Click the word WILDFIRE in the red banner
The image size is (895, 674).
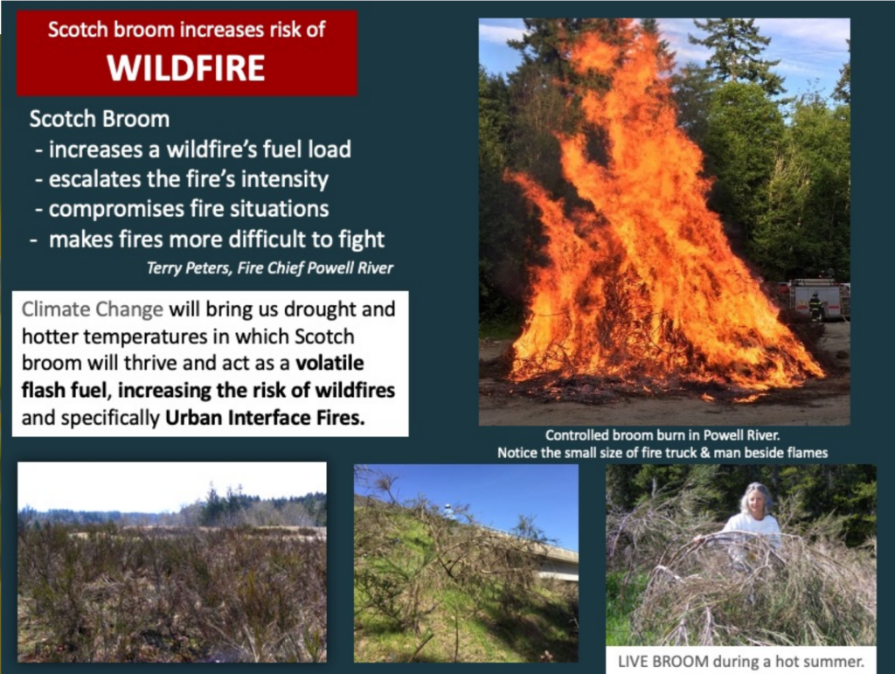[186, 68]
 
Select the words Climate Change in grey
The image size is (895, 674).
[93, 309]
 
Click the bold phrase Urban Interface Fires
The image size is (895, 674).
[265, 418]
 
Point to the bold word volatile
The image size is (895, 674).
[330, 363]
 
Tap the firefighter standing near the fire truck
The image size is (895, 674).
[816, 307]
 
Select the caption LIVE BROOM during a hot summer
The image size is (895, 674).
[741, 662]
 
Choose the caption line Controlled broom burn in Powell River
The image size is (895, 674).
[663, 435]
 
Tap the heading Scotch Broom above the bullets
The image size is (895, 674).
[100, 119]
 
